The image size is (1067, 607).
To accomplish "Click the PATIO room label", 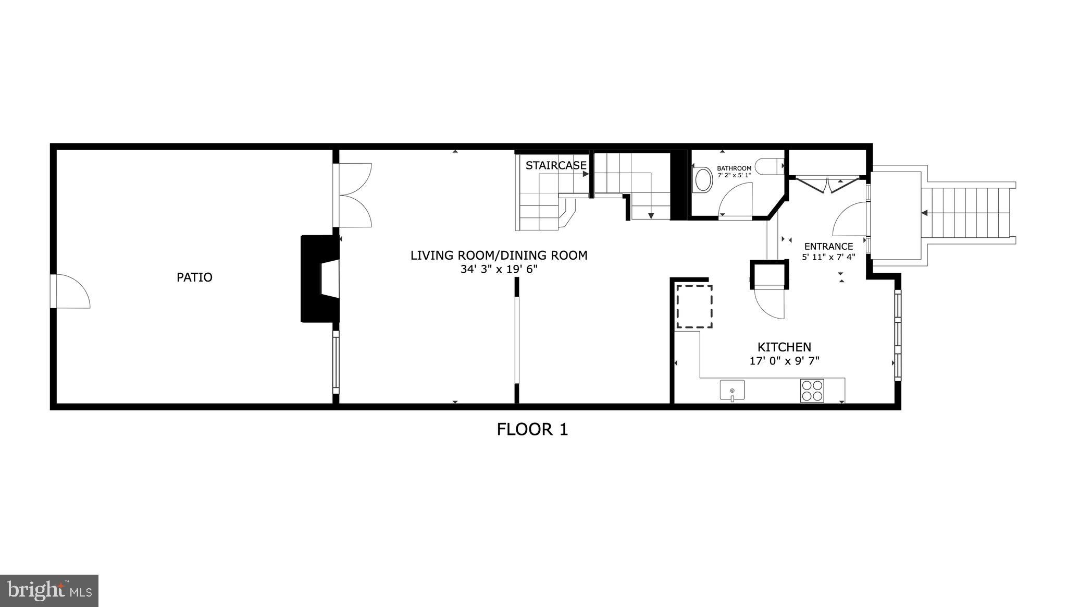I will coord(194,277).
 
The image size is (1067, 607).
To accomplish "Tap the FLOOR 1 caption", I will coord(532,429).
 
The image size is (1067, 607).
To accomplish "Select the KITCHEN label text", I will coord(784,347).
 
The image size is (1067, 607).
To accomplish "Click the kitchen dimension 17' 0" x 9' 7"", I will coord(784,361).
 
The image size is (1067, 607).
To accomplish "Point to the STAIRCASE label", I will coord(556,166).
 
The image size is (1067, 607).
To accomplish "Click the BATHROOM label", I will coord(734,168).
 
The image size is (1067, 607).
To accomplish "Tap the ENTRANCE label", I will coord(828,247).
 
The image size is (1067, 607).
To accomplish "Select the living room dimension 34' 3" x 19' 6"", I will coord(499,270).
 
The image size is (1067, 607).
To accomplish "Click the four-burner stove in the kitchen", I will coord(812,391).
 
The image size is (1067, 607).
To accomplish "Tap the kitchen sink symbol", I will coord(732,390).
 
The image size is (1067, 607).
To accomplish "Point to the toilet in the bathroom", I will coord(772,166).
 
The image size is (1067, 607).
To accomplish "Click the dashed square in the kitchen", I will coord(694,306).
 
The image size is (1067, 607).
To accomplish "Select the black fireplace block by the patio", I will coord(319,278).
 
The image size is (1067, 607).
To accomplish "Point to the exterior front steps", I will coord(969,213).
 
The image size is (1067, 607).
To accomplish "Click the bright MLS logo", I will coord(49,590).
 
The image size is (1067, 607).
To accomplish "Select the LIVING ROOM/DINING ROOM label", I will coord(499,256).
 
